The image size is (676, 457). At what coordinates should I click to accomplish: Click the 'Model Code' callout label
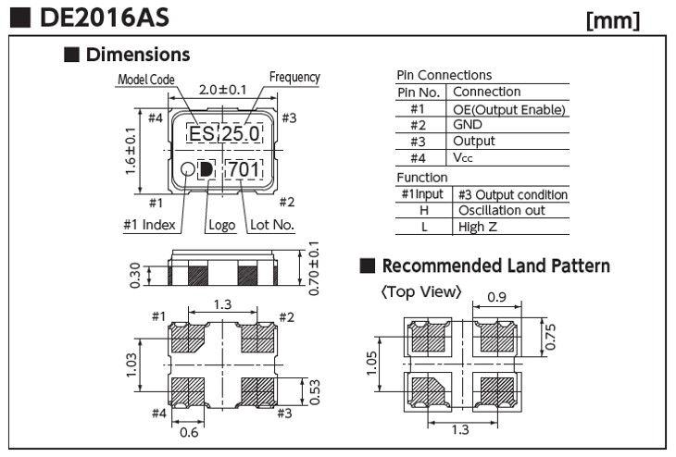tap(144, 80)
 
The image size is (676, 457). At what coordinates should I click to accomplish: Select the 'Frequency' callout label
tap(294, 78)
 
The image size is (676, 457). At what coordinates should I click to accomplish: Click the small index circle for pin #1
tap(187, 169)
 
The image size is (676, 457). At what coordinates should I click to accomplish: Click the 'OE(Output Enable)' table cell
tap(508, 109)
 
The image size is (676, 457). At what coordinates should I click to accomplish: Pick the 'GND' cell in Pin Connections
tap(469, 125)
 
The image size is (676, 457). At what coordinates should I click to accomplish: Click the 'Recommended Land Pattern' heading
tap(495, 266)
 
